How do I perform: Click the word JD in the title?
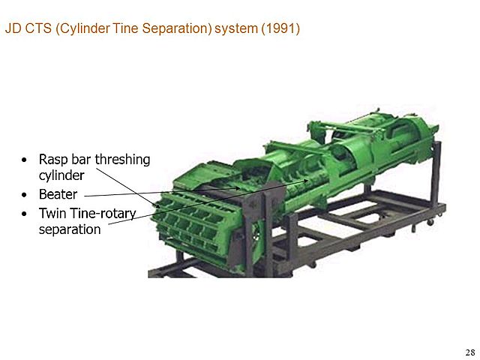(13, 31)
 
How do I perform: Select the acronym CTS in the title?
(37, 31)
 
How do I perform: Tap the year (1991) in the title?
(280, 31)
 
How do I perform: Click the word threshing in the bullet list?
(121, 160)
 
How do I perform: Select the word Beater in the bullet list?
(58, 195)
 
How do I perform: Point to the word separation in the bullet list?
(69, 229)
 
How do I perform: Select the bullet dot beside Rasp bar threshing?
(26, 160)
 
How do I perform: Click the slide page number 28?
(469, 352)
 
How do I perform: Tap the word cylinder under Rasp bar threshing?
(61, 175)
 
